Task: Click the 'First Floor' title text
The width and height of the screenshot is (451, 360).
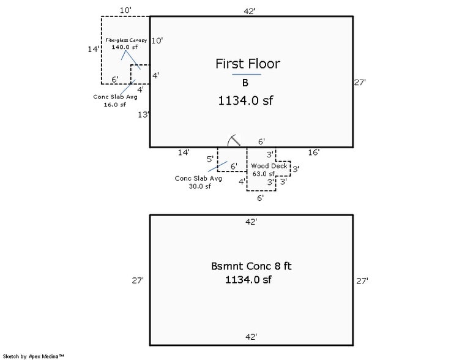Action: pyautogui.click(x=247, y=64)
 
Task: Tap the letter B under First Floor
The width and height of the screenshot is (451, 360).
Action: pyautogui.click(x=245, y=83)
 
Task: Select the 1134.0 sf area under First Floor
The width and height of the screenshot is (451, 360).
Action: pyautogui.click(x=245, y=102)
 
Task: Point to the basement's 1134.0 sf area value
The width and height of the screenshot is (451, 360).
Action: pyautogui.click(x=248, y=280)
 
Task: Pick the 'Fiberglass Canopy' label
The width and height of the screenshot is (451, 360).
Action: pyautogui.click(x=126, y=40)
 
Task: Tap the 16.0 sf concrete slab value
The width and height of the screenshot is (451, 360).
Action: pyautogui.click(x=114, y=104)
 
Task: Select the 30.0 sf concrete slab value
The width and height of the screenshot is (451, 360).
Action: pyautogui.click(x=199, y=186)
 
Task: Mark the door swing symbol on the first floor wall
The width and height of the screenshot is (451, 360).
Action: pyautogui.click(x=233, y=141)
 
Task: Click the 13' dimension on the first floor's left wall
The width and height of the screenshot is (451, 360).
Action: pyautogui.click(x=144, y=114)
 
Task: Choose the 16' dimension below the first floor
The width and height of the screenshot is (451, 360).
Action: pyautogui.click(x=313, y=151)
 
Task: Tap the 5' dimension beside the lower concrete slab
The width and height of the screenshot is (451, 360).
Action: pyautogui.click(x=210, y=159)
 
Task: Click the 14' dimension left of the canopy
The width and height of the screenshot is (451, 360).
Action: pyautogui.click(x=93, y=49)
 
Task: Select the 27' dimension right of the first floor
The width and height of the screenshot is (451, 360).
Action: pyautogui.click(x=360, y=82)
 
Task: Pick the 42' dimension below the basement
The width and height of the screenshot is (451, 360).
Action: pyautogui.click(x=251, y=337)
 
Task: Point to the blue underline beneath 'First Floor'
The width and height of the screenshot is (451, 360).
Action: pyautogui.click(x=247, y=74)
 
